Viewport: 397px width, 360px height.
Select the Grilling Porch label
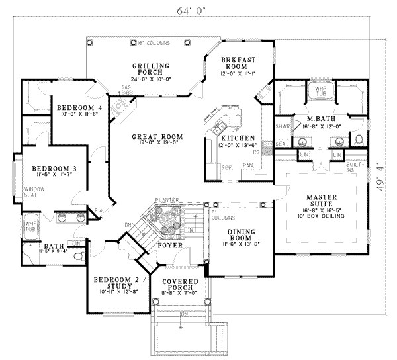[151, 69]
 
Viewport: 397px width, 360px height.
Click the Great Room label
[157, 137]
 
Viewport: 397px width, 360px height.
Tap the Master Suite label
[322, 201]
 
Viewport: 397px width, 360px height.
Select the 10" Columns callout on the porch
[153, 43]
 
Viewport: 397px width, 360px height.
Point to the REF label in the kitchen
[226, 169]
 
